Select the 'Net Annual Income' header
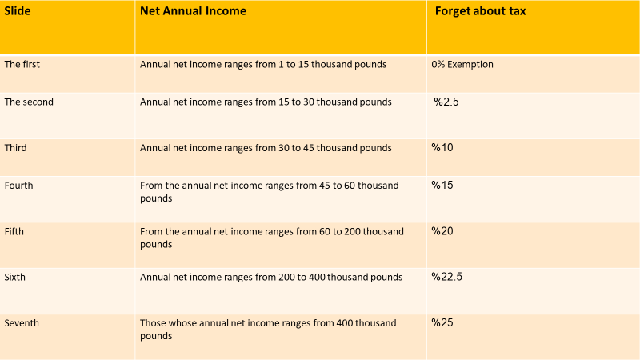(x=193, y=11)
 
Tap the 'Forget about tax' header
(x=491, y=11)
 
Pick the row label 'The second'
(x=29, y=102)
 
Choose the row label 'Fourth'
(x=19, y=186)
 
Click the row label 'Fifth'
(x=16, y=231)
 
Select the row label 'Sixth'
(x=17, y=277)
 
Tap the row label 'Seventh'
(x=22, y=323)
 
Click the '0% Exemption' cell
(x=462, y=64)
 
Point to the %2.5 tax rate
(x=448, y=102)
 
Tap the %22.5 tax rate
(x=447, y=277)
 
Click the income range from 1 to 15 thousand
(x=263, y=64)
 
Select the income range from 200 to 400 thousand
(x=270, y=277)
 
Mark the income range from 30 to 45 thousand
(x=266, y=148)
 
